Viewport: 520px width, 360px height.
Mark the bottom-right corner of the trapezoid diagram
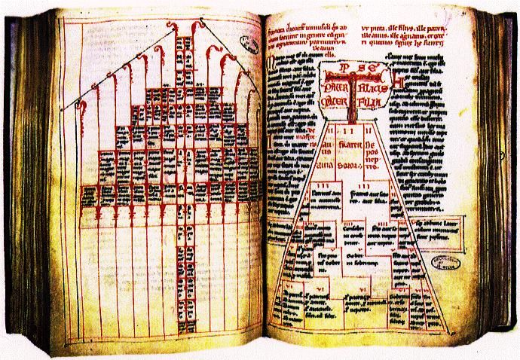(451, 337)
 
